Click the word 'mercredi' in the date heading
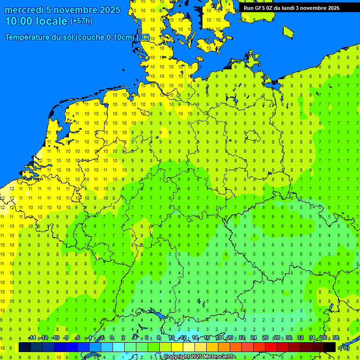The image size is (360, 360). coord(24,10)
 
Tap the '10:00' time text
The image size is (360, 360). coord(18,21)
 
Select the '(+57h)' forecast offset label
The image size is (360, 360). coord(81,21)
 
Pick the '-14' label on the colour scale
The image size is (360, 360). coord(32,338)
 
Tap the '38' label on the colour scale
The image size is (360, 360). coord(336,338)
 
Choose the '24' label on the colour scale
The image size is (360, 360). coord(254,338)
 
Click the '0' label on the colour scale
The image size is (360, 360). coord(112,338)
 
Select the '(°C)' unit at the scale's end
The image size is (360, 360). coord(344,348)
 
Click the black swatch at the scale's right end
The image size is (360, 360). coord(330,347)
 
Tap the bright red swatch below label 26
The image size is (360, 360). coord(271,347)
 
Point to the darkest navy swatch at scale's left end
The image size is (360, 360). coord(25,347)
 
